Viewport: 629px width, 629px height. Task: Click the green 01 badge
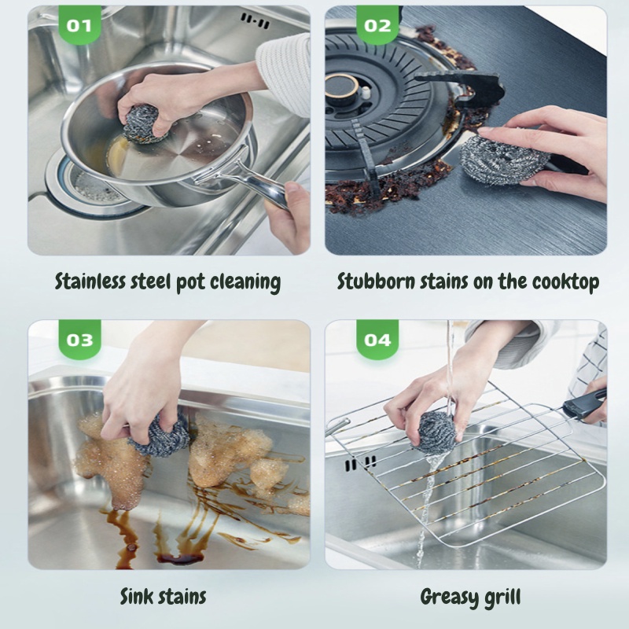79,24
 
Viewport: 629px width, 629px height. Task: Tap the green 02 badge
377,24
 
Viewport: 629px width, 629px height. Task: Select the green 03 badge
79,339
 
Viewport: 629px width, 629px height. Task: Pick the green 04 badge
377,339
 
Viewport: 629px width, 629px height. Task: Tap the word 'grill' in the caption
503,598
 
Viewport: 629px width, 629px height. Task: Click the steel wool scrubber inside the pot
144,123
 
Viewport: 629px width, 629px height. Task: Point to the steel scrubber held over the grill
437,432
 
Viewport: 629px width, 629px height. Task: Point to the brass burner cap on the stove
342,87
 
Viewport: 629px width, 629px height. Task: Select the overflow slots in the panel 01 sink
255,21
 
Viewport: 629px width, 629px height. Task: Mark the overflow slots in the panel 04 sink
360,463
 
